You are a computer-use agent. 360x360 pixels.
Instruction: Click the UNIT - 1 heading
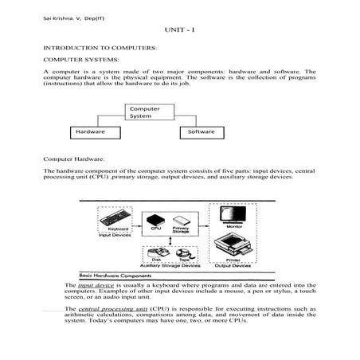coord(179,29)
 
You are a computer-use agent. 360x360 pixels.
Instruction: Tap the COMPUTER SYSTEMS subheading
coord(81,60)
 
